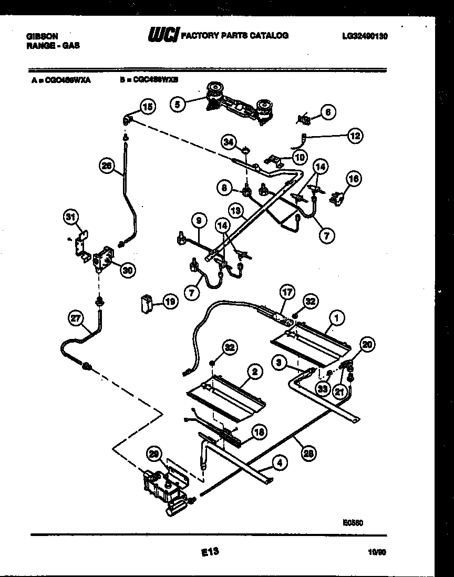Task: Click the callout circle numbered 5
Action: tap(178, 105)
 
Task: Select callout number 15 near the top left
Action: tap(148, 107)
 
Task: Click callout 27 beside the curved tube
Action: tap(76, 317)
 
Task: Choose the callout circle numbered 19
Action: tap(170, 302)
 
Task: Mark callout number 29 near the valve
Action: tap(153, 455)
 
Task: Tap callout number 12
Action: tap(356, 136)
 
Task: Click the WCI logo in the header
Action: tap(163, 35)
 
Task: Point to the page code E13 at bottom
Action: tap(209, 552)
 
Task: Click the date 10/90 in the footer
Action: tap(377, 552)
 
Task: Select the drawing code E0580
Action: tap(353, 522)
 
